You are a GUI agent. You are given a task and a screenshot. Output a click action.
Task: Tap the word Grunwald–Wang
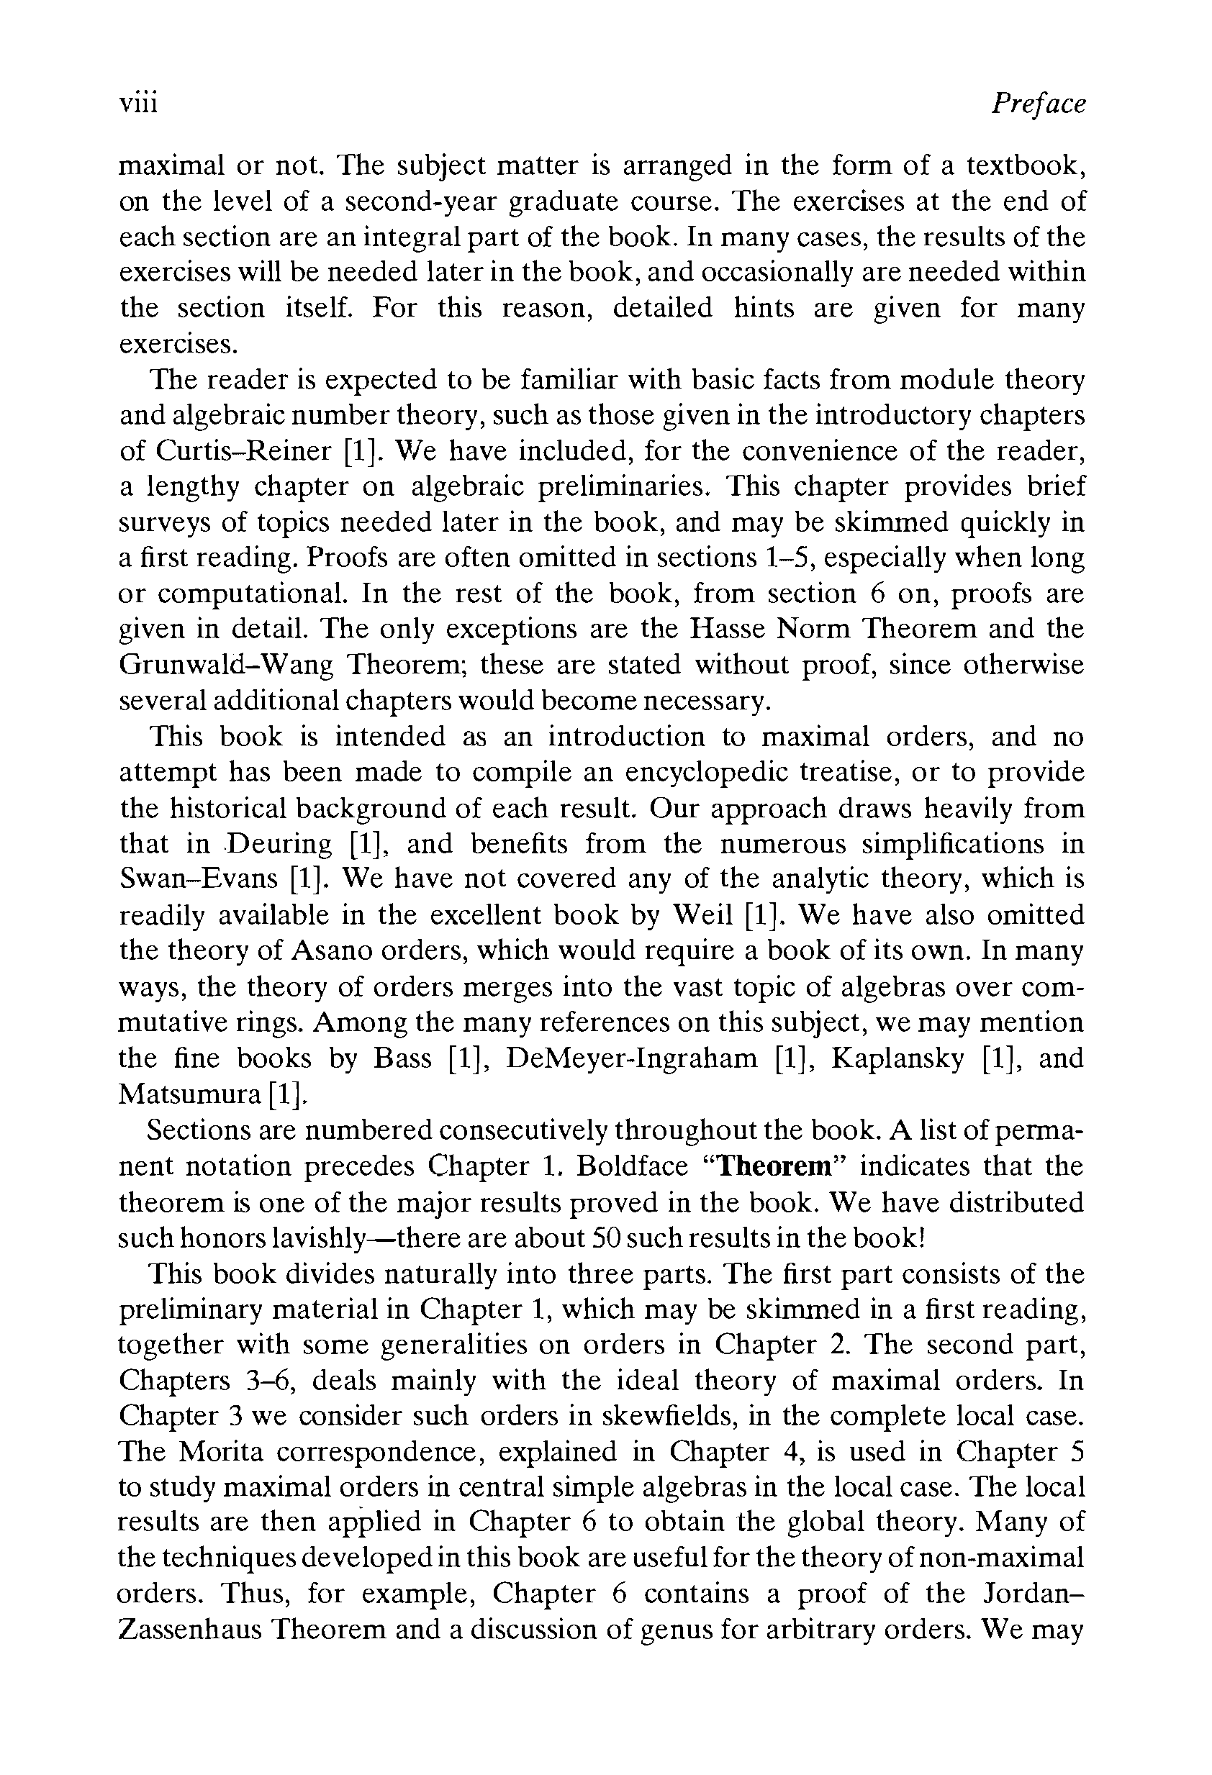pos(226,665)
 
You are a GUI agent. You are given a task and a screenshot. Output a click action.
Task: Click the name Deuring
pos(281,843)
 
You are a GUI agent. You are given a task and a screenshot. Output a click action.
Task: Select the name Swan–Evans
pos(199,879)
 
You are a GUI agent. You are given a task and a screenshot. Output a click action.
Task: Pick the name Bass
pos(402,1058)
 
